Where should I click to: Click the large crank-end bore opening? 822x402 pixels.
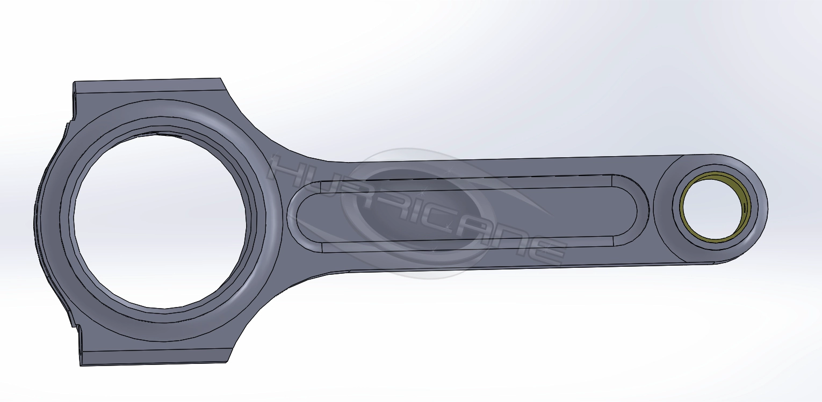click(x=160, y=220)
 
